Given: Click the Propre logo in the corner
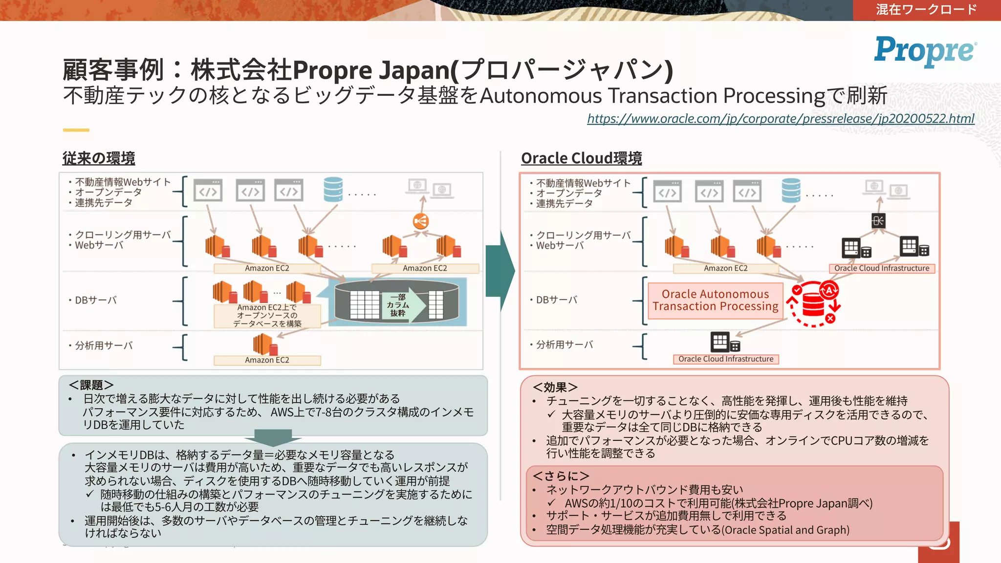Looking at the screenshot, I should pos(925,50).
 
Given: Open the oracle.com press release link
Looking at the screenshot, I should pos(781,119).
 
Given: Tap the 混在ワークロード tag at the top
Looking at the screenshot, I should pos(926,10).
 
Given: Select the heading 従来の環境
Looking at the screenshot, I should pos(99,158).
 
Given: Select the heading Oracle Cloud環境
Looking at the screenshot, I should pos(581,158).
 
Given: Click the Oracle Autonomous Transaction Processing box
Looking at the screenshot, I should pos(715,300).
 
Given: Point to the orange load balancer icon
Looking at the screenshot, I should pos(420,221).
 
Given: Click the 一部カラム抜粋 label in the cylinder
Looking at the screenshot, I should pos(398,305).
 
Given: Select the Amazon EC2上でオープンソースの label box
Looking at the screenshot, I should pos(267,316).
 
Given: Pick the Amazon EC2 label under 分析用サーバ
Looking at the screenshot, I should pos(267,360).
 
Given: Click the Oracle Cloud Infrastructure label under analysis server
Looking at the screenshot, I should pos(725,359).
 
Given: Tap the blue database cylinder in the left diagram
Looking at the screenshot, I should pos(333,190).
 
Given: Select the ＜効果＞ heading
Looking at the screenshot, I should pos(555,387).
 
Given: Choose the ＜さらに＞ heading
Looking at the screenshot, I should pos(561,476).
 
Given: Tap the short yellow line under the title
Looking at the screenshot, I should pos(76,130).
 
